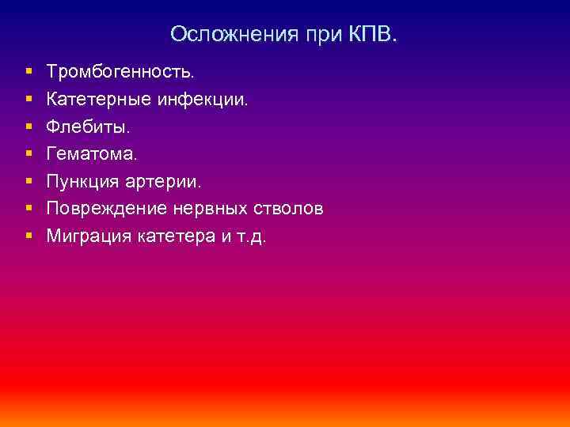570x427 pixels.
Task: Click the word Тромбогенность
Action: [x=120, y=72]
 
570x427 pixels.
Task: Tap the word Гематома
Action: [x=91, y=154]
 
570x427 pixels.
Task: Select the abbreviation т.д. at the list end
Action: [x=251, y=236]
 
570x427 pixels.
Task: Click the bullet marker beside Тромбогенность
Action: [x=28, y=72]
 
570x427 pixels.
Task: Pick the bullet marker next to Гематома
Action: [x=28, y=154]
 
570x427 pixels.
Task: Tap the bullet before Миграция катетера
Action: [x=28, y=236]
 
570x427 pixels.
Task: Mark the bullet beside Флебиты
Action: [x=28, y=127]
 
